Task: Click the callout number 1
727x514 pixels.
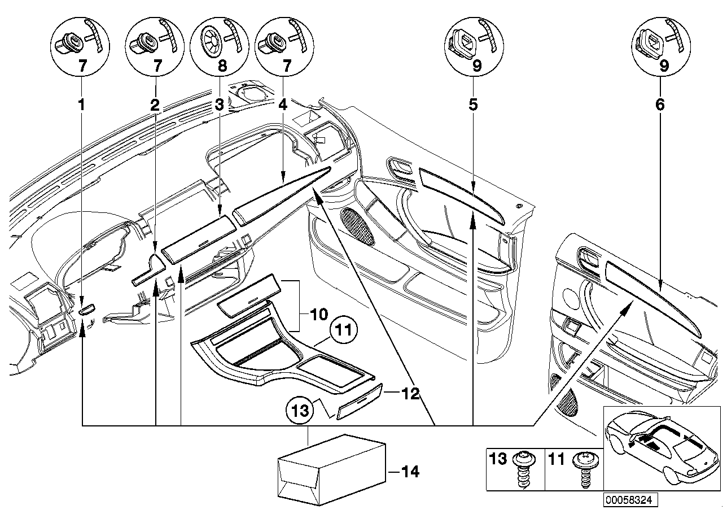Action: tap(82, 104)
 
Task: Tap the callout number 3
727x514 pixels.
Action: tap(219, 104)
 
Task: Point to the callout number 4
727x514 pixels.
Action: tap(283, 104)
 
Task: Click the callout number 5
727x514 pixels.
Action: tap(473, 104)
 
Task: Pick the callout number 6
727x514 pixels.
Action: tap(660, 104)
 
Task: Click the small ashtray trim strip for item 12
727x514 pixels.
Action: tap(358, 402)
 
